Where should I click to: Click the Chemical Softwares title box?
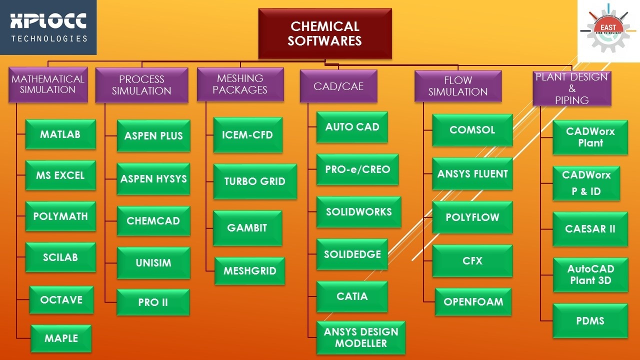[325, 33]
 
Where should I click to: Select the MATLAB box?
[60, 134]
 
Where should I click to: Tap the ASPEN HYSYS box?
[153, 178]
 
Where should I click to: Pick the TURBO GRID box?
[255, 181]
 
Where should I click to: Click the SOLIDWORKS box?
[358, 212]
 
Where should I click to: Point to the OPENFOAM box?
[473, 301]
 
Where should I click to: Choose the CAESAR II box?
[590, 229]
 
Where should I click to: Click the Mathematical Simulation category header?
[48, 84]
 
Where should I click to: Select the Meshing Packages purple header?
[240, 84]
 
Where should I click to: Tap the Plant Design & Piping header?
[571, 88]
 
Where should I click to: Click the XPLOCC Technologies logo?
[48, 27]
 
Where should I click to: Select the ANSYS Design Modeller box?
[361, 337]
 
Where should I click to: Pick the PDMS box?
[590, 320]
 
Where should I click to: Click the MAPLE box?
[61, 338]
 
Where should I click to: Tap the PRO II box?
[153, 302]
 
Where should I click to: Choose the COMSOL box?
[472, 130]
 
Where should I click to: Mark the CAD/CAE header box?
[338, 86]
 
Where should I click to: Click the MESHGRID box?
[250, 271]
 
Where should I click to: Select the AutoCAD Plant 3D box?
[590, 274]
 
